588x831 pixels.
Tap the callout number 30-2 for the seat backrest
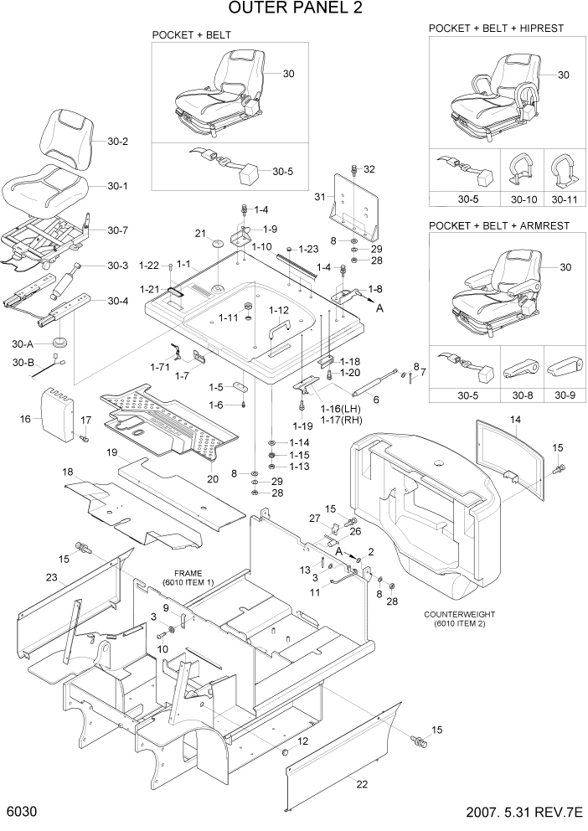118,142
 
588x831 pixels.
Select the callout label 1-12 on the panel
279,311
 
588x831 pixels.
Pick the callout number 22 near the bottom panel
362,783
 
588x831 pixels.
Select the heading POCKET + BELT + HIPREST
496,28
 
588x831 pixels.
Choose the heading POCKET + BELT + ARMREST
499,226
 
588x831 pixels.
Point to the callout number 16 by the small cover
25,419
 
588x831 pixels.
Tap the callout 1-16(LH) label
340,408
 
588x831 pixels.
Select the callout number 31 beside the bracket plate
318,197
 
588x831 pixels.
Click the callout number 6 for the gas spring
376,400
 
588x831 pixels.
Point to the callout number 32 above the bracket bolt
369,169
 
